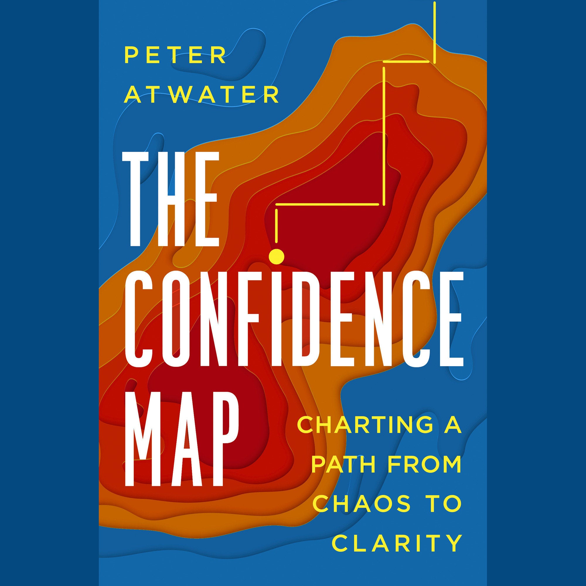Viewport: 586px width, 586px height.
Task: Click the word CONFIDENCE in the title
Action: (293, 314)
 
